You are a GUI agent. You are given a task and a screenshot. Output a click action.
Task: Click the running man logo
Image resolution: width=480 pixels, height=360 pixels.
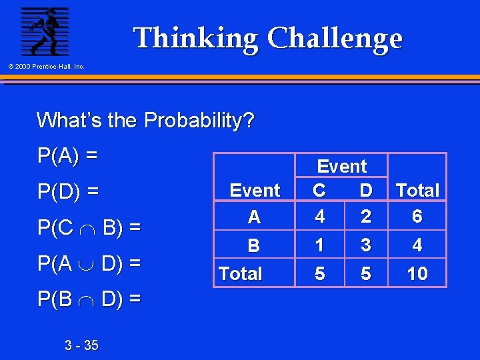coord(44,31)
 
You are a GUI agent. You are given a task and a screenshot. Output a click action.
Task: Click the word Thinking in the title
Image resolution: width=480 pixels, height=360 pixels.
coord(195,39)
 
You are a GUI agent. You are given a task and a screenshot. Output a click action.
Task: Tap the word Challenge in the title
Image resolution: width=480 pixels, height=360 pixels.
coord(335,39)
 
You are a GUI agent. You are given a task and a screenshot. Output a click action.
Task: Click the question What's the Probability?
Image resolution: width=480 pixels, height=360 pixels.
coord(145,121)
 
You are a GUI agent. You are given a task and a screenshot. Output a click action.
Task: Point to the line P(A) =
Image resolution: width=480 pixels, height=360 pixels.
coord(67,155)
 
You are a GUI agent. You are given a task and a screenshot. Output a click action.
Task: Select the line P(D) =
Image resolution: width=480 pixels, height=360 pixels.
coord(68,192)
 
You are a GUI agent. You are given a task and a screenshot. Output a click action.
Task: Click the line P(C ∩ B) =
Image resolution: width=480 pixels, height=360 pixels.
coord(89,227)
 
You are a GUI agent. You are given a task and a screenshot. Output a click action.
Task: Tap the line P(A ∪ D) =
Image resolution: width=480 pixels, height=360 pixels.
coord(89,263)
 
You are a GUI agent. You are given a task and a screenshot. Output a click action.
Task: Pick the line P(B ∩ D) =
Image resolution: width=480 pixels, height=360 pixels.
coord(89,299)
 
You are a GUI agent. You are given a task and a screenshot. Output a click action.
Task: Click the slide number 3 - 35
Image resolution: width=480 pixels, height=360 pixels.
coord(81,345)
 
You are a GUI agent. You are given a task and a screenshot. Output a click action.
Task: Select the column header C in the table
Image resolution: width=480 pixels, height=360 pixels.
coord(319,191)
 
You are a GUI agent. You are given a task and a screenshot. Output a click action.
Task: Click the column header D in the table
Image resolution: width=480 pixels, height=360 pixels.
coord(365,191)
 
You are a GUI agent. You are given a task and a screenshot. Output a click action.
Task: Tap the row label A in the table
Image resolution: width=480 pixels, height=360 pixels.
coord(254,217)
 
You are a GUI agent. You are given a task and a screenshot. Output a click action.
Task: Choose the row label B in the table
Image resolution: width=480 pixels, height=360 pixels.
coord(254,246)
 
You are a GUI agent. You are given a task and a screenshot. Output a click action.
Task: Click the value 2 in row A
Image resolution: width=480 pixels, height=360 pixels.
coord(365,217)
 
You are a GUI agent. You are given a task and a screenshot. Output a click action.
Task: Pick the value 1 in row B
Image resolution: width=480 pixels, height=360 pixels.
coord(319,245)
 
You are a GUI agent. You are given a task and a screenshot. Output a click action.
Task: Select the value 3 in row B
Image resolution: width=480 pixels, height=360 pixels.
coord(365,245)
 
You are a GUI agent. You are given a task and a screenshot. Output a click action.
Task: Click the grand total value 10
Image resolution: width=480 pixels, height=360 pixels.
coord(417,273)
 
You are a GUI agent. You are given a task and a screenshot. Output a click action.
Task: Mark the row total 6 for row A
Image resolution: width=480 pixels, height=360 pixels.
coord(417,217)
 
